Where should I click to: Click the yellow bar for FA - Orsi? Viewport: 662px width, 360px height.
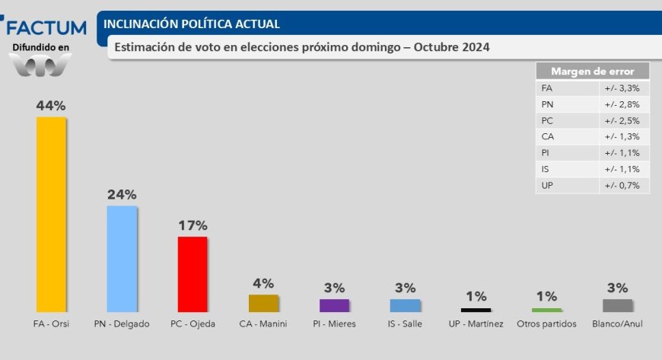pos(51,214)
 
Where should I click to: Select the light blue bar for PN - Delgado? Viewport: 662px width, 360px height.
pos(122,259)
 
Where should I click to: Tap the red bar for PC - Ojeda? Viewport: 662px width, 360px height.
pos(192,274)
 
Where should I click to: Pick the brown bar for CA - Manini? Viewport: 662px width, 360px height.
pos(263,303)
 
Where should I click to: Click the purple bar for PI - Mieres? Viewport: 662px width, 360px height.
pos(334,305)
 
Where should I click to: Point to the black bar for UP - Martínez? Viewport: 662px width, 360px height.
pos(476,310)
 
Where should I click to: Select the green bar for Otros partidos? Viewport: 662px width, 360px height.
pos(546,310)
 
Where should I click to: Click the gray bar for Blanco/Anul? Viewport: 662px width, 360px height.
pos(617,305)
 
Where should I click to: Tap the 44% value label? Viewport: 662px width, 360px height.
pos(51,106)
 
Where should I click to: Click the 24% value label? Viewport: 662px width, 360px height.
pos(122,194)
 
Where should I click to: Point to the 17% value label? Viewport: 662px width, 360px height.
pos(192,225)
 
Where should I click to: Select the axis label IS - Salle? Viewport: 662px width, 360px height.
pos(405,324)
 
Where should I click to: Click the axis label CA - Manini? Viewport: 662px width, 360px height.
pos(263,324)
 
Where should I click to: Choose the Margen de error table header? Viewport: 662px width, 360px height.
pos(593,71)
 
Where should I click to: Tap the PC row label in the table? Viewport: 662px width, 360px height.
pos(548,120)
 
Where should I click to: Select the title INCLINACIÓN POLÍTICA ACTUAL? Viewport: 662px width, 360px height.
pos(191,24)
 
